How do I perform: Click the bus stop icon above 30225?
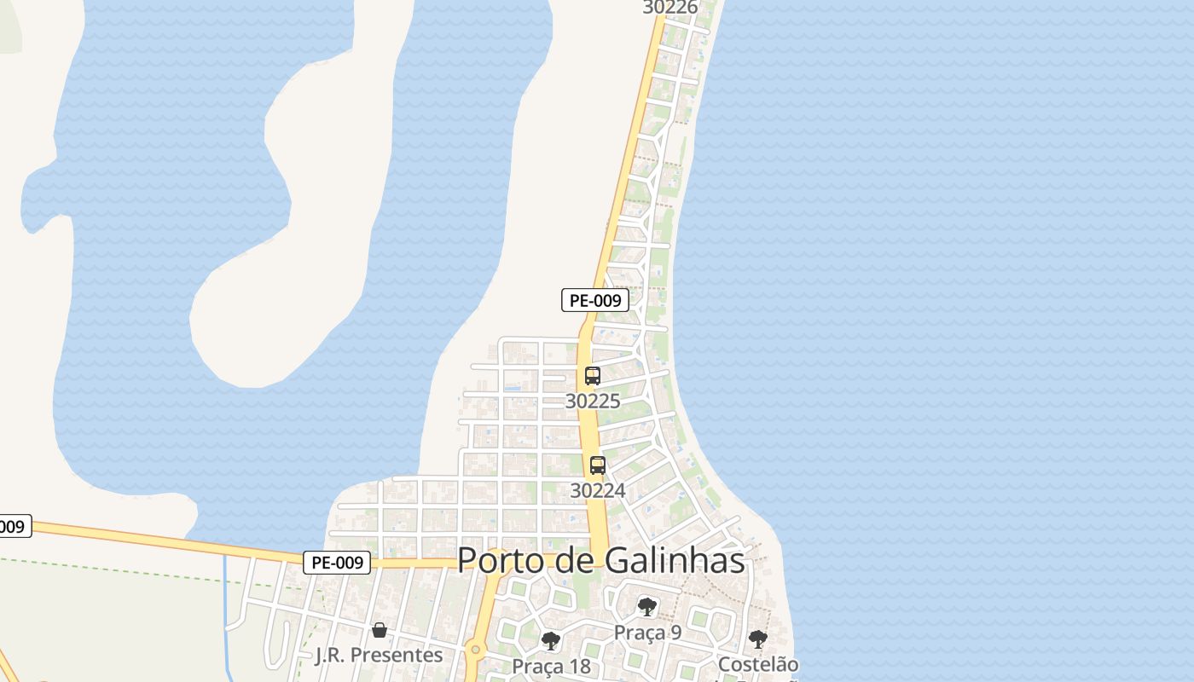pyautogui.click(x=593, y=375)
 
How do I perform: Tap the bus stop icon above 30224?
pyautogui.click(x=598, y=465)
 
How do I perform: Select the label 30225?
pyautogui.click(x=593, y=401)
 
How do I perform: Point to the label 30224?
pyautogui.click(x=598, y=490)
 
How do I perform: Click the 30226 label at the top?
pyautogui.click(x=670, y=8)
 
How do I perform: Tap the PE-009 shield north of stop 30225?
pyautogui.click(x=595, y=300)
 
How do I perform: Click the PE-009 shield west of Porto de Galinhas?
pyautogui.click(x=337, y=563)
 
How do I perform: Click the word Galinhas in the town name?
pyautogui.click(x=675, y=561)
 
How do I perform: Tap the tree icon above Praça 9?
pyautogui.click(x=647, y=607)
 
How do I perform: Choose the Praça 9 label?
pyautogui.click(x=647, y=633)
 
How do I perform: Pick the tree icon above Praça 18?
pyautogui.click(x=551, y=640)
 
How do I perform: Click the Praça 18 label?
pyautogui.click(x=551, y=666)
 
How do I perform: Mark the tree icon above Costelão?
pyautogui.click(x=757, y=639)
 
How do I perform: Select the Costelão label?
pyautogui.click(x=758, y=664)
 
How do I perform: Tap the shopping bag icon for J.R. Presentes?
pyautogui.click(x=380, y=630)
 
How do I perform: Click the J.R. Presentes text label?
pyautogui.click(x=380, y=655)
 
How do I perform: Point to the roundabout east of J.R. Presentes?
pyautogui.click(x=475, y=650)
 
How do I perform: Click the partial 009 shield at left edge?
pyautogui.click(x=13, y=527)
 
